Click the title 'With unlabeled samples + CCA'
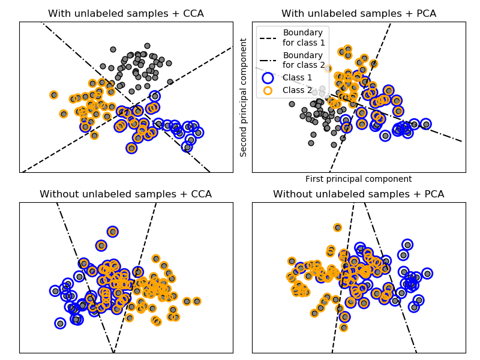[x=126, y=14]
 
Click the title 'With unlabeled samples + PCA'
[x=359, y=14]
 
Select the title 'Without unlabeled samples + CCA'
[x=126, y=194]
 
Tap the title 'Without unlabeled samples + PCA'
[x=359, y=194]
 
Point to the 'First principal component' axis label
[x=359, y=179]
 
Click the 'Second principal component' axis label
[x=244, y=97]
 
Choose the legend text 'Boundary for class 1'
[x=304, y=37]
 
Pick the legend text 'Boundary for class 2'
[x=304, y=60]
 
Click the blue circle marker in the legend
[x=268, y=77]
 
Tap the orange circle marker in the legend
[x=268, y=90]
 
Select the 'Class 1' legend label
[x=298, y=77]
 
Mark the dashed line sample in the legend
[x=268, y=37]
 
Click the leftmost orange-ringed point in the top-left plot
[x=54, y=95]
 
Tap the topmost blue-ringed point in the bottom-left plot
[x=113, y=232]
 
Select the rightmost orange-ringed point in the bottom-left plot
[x=197, y=301]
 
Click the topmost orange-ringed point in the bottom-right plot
[x=338, y=227]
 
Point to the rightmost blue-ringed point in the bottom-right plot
[x=427, y=274]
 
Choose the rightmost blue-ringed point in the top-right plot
[x=426, y=124]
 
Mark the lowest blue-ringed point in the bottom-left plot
[x=60, y=323]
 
